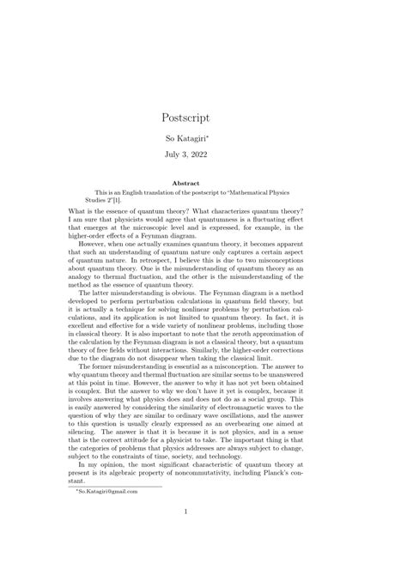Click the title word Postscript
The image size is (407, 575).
203,118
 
